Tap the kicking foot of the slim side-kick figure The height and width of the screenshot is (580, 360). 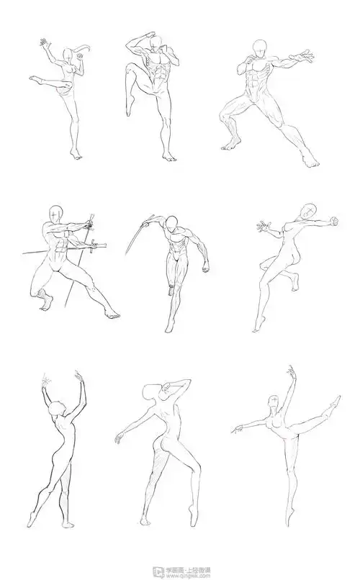(x=35, y=79)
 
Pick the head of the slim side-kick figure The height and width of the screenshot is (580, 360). (x=67, y=55)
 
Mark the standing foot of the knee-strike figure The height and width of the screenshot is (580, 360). (x=169, y=156)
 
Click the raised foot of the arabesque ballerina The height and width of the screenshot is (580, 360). (x=334, y=400)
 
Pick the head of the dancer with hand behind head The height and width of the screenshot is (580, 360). (x=152, y=394)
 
